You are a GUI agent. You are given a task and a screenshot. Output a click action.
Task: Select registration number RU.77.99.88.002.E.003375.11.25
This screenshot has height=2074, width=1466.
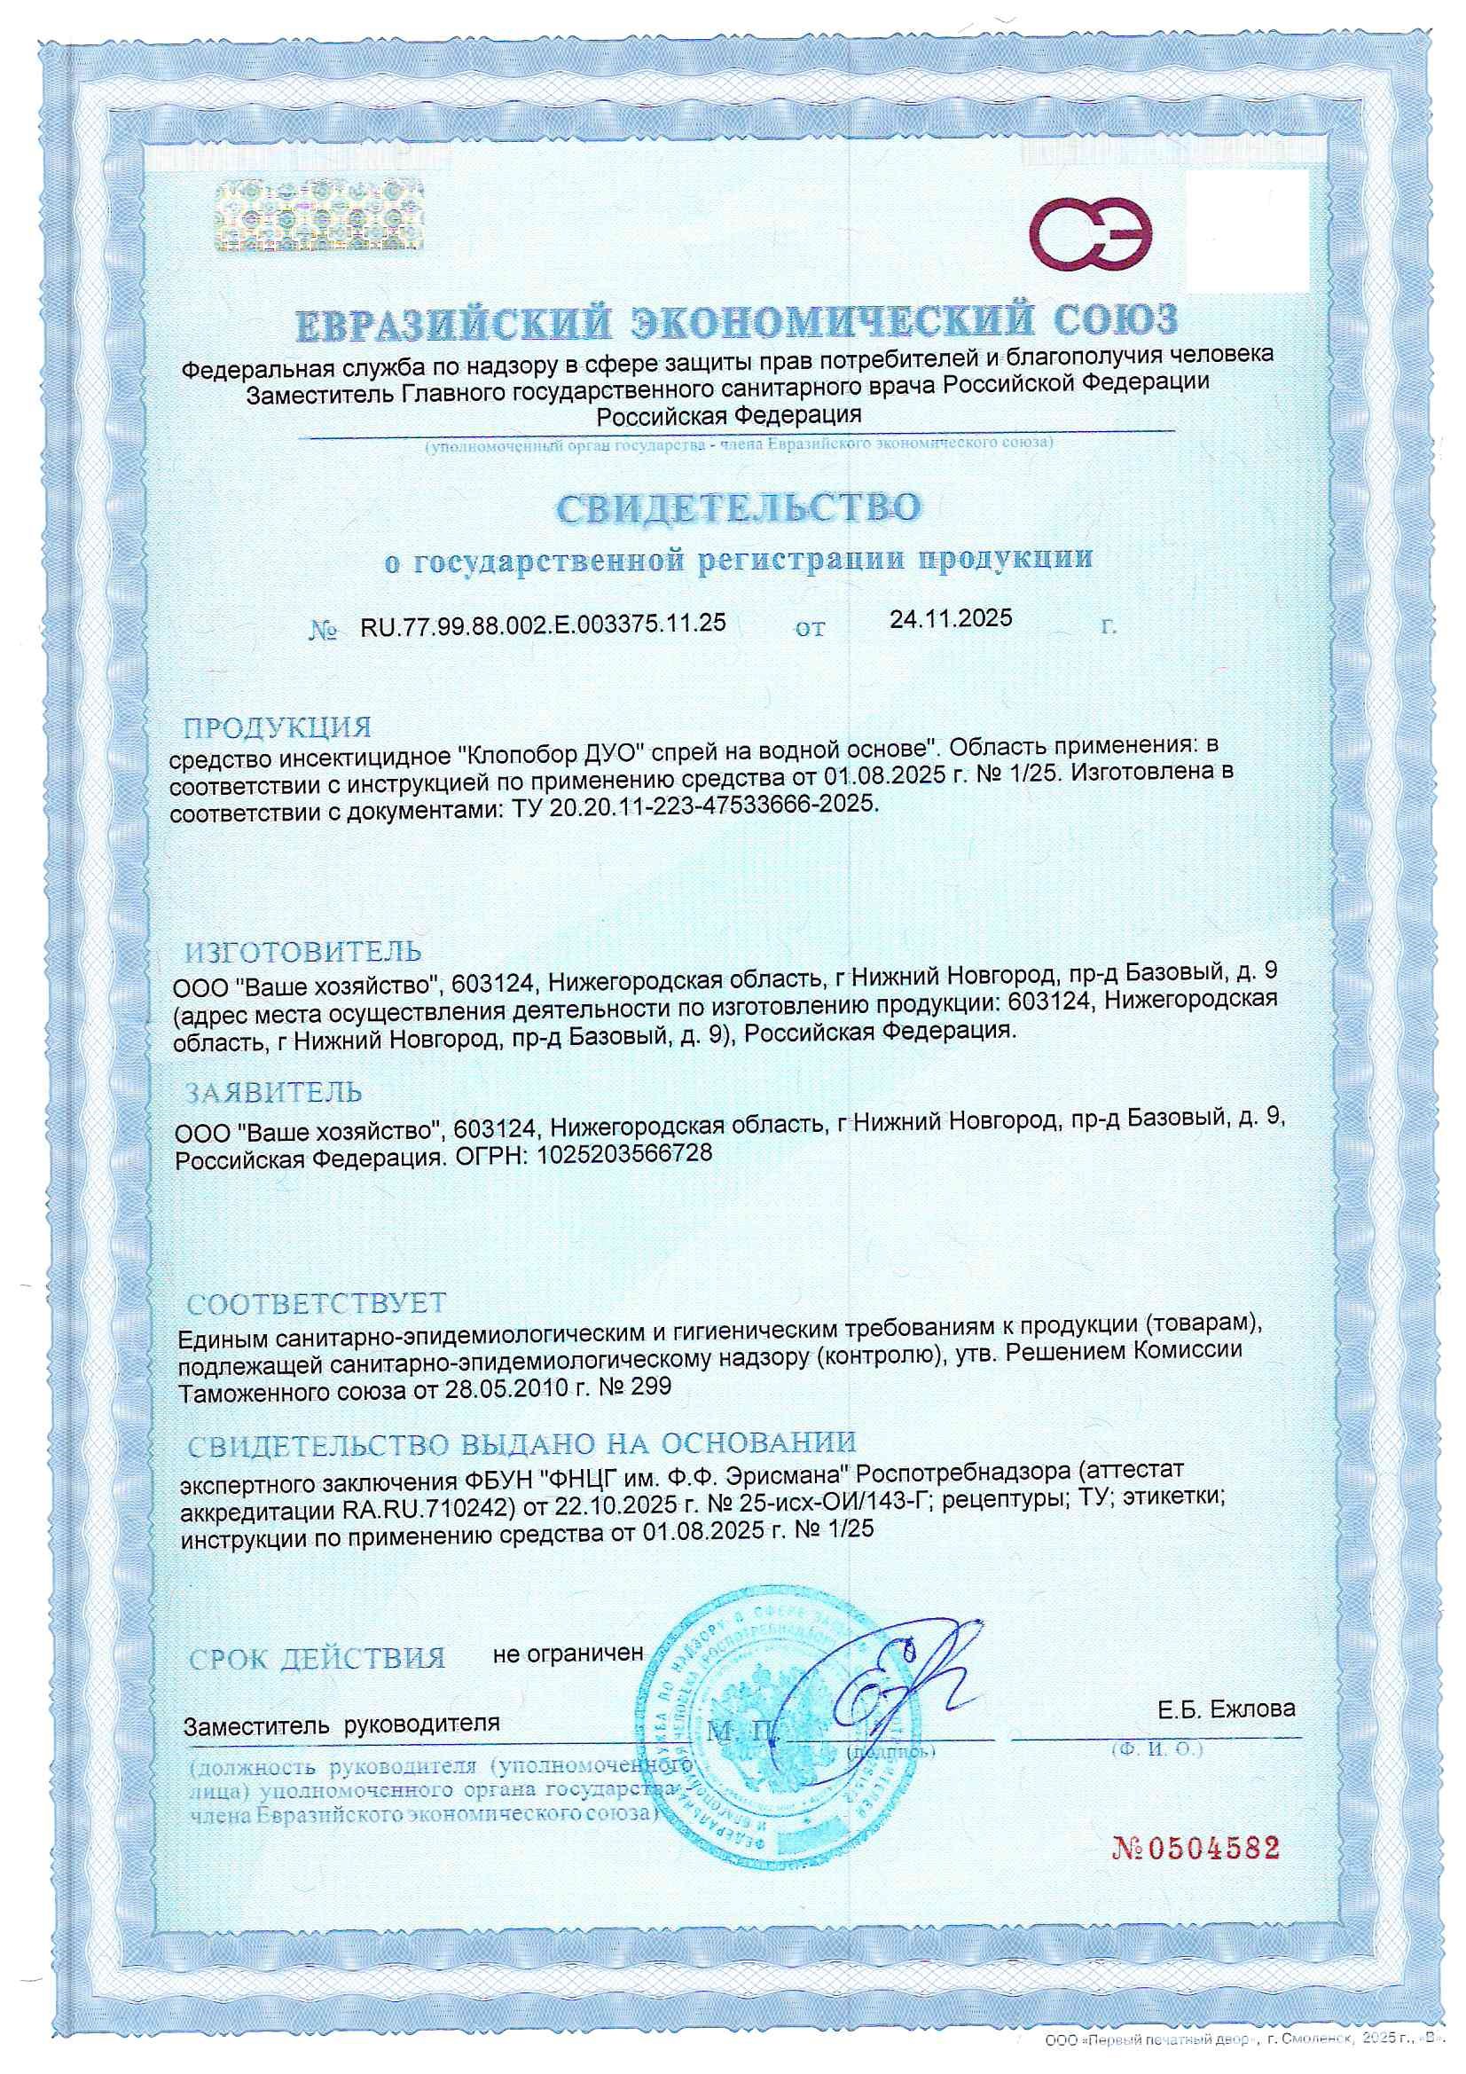(543, 624)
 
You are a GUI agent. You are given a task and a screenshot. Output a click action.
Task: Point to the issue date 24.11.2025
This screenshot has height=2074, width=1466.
(950, 619)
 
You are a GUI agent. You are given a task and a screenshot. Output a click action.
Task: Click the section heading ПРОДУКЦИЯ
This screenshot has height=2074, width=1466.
(278, 727)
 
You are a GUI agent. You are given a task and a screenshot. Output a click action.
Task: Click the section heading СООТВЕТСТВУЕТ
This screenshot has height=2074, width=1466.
(316, 1303)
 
